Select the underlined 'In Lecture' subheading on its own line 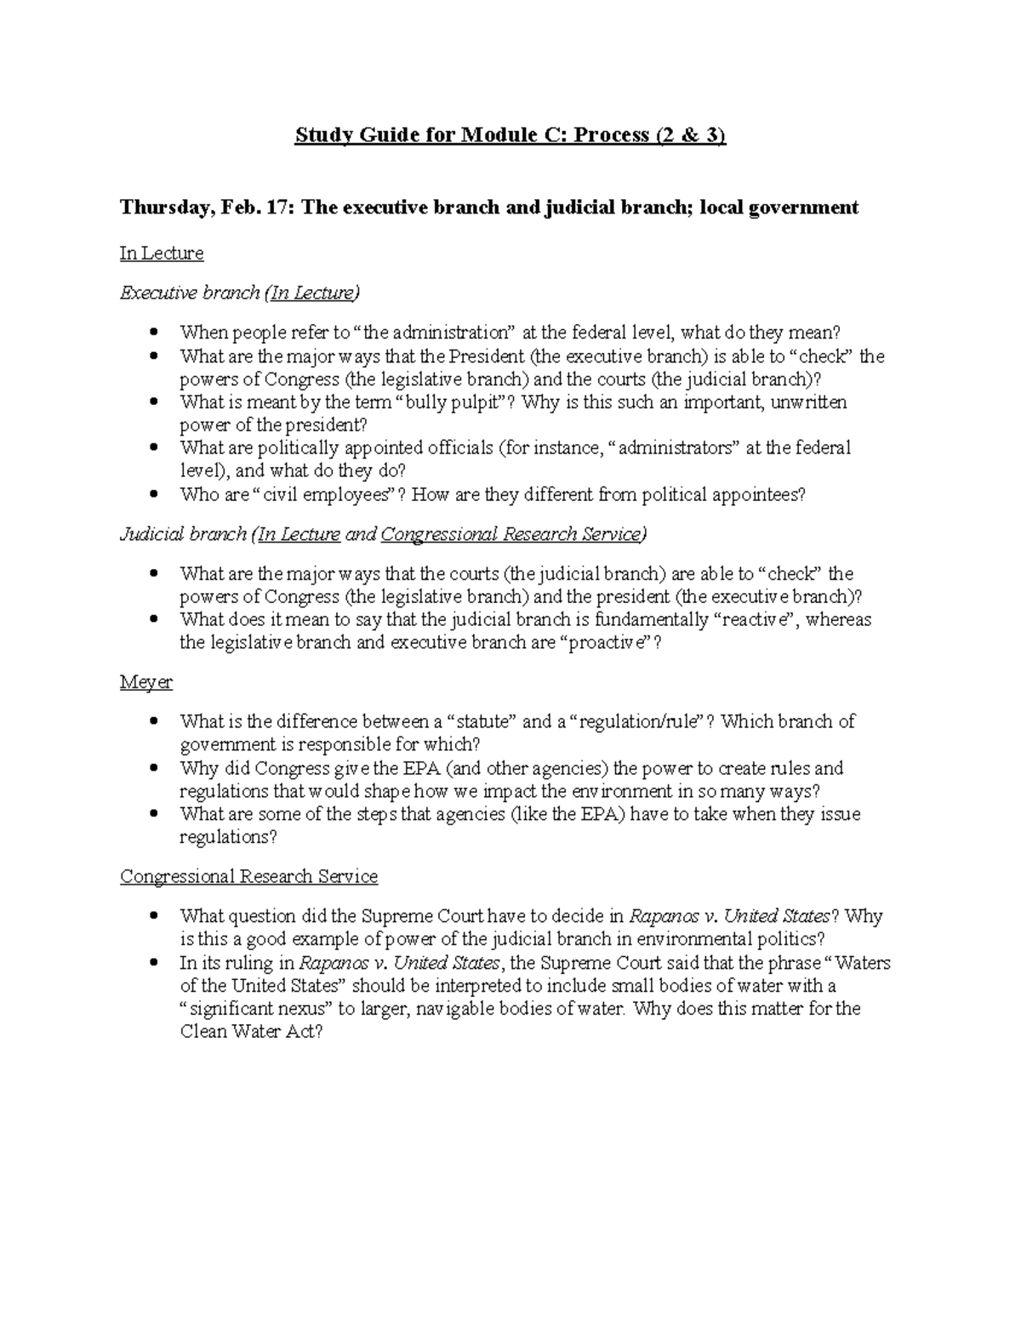tap(162, 253)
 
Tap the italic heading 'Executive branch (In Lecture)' tap(240, 293)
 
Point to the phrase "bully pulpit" tap(453, 402)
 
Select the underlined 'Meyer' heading tap(146, 683)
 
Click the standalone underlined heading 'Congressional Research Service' tap(248, 877)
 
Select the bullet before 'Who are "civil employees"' tap(154, 493)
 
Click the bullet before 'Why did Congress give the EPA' tap(154, 767)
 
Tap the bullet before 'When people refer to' tap(154, 332)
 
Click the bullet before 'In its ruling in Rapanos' tap(154, 963)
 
